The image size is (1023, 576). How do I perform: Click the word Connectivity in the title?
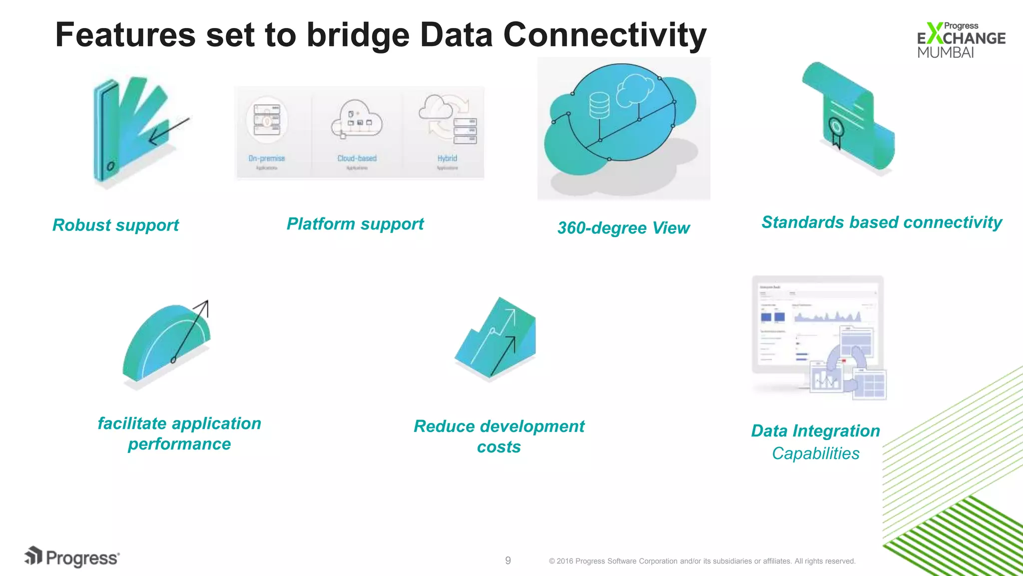[x=604, y=35]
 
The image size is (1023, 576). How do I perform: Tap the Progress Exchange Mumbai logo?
[x=960, y=40]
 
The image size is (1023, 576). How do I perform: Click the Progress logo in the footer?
[x=72, y=557]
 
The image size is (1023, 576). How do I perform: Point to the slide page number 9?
[x=508, y=560]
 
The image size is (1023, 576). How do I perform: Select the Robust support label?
[x=115, y=225]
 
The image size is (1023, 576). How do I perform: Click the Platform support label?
[x=355, y=223]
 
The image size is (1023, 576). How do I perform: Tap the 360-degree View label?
[x=623, y=228]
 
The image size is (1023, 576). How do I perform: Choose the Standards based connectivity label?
[x=882, y=222]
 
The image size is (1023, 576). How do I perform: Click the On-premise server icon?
[x=267, y=120]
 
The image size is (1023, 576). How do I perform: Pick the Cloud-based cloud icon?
[x=357, y=118]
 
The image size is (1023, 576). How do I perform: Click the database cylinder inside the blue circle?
[x=599, y=105]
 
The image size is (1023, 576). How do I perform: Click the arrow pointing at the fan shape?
[x=168, y=131]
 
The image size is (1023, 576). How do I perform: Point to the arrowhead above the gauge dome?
[x=203, y=305]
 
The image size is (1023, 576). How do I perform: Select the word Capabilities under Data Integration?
[x=815, y=453]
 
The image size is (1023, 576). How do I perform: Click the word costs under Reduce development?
[x=499, y=447]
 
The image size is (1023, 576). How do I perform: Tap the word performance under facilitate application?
[x=179, y=444]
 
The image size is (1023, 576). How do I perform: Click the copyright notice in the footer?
[x=702, y=561]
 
